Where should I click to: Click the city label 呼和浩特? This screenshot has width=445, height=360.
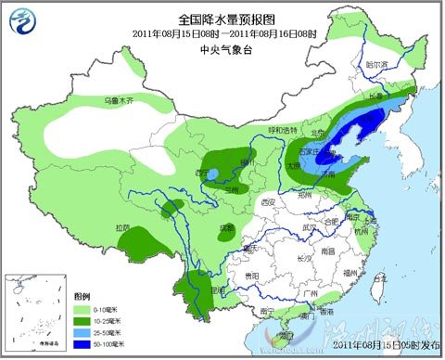[284, 130]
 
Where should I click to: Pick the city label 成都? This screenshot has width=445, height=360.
[226, 225]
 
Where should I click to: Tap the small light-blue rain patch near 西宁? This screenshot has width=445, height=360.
[214, 174]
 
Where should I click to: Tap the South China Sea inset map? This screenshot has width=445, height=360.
[32, 308]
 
